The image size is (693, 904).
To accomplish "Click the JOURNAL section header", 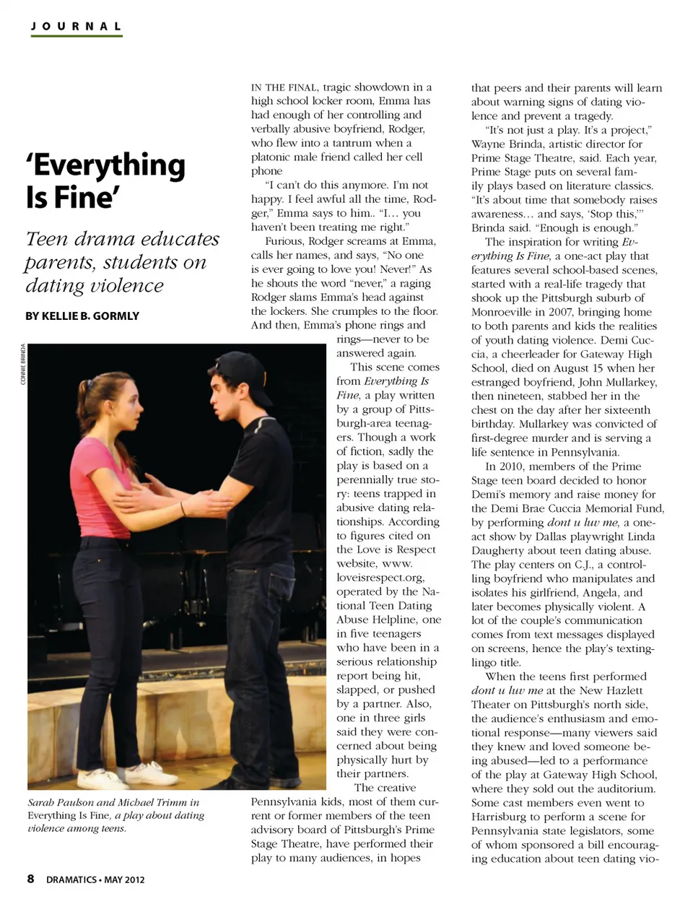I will [x=76, y=27].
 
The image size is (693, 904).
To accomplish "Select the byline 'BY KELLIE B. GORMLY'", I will [x=82, y=316].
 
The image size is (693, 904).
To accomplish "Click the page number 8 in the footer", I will [x=30, y=879].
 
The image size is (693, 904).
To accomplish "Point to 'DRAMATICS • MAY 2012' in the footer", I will [x=95, y=879].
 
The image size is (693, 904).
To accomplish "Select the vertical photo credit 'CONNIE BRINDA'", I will [x=23, y=364].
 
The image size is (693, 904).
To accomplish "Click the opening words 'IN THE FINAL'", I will [x=284, y=87].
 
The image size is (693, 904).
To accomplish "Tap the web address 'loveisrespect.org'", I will [x=380, y=578].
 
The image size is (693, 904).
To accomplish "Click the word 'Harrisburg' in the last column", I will [x=498, y=817].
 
